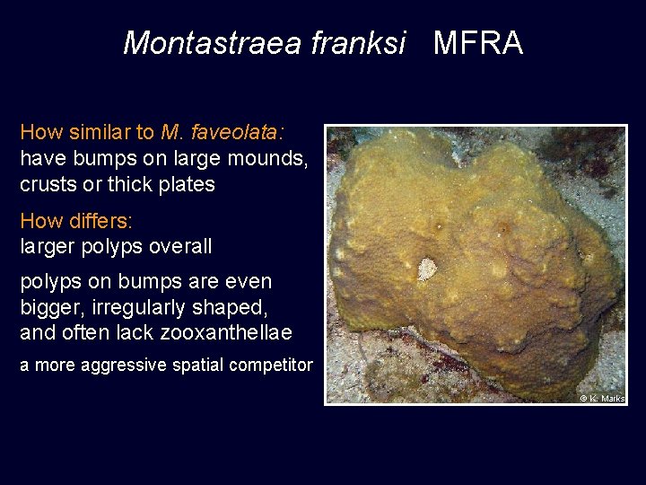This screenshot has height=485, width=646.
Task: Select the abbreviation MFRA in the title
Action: point(478,43)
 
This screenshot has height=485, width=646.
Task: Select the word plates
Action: point(185,185)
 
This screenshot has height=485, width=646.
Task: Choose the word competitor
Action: point(271,365)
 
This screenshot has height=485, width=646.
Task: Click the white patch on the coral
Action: point(428,269)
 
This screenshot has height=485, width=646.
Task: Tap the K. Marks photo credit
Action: point(602,398)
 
